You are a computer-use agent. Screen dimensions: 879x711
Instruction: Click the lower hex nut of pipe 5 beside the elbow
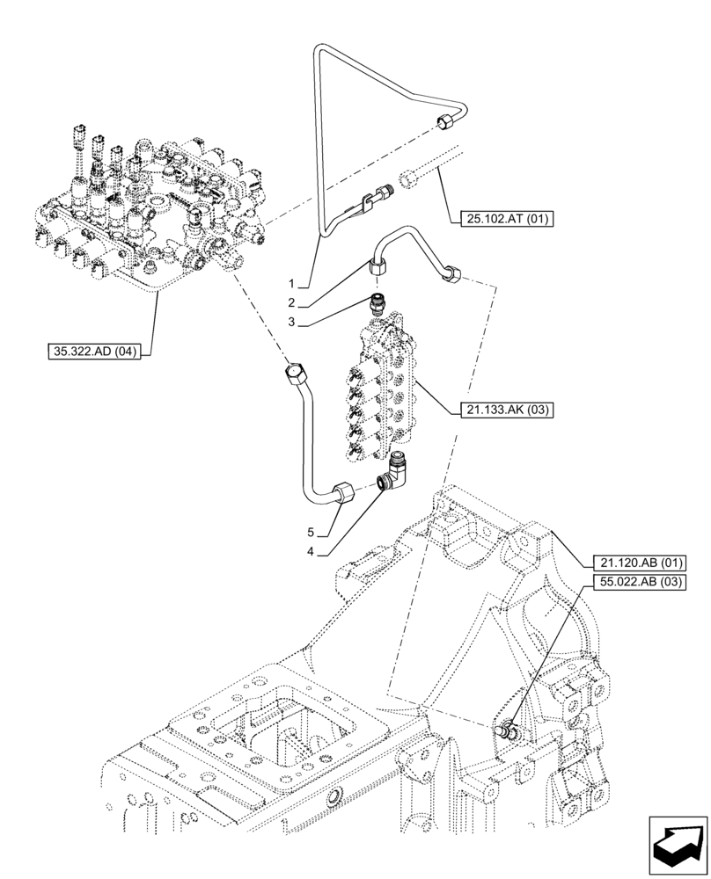tap(342, 491)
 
